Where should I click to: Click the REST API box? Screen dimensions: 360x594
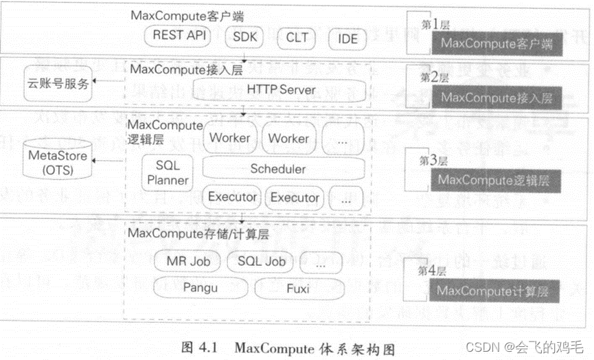[179, 36]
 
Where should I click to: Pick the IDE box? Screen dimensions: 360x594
[347, 38]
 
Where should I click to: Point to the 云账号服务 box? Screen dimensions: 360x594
[58, 83]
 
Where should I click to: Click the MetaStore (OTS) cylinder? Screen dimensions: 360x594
[58, 161]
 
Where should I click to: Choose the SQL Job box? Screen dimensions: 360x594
[256, 261]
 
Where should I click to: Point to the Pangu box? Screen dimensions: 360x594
[200, 288]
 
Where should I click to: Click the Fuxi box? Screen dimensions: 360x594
[297, 289]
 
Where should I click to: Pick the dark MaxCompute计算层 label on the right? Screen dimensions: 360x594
[493, 291]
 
